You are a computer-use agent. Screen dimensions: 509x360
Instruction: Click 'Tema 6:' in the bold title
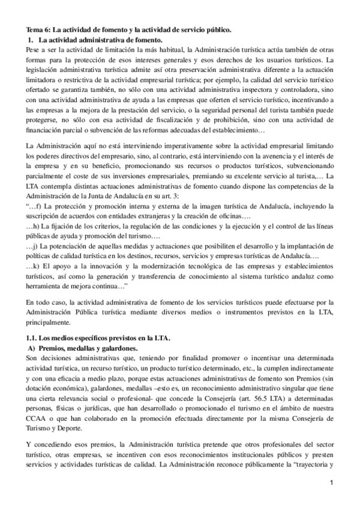(x=38, y=29)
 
